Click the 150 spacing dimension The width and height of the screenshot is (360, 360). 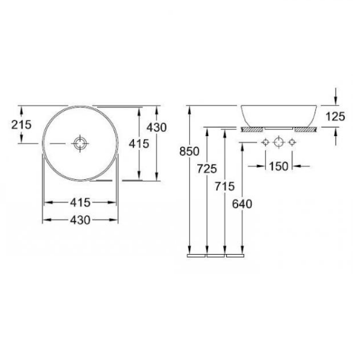(x=279, y=166)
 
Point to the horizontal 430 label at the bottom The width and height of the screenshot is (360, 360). (x=81, y=220)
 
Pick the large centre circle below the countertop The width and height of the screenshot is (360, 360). (x=279, y=142)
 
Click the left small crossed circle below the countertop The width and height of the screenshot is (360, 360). (x=265, y=142)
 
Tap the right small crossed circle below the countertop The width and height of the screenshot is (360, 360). (x=292, y=142)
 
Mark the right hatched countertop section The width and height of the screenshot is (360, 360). (x=305, y=130)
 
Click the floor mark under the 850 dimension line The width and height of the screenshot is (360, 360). (x=197, y=255)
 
